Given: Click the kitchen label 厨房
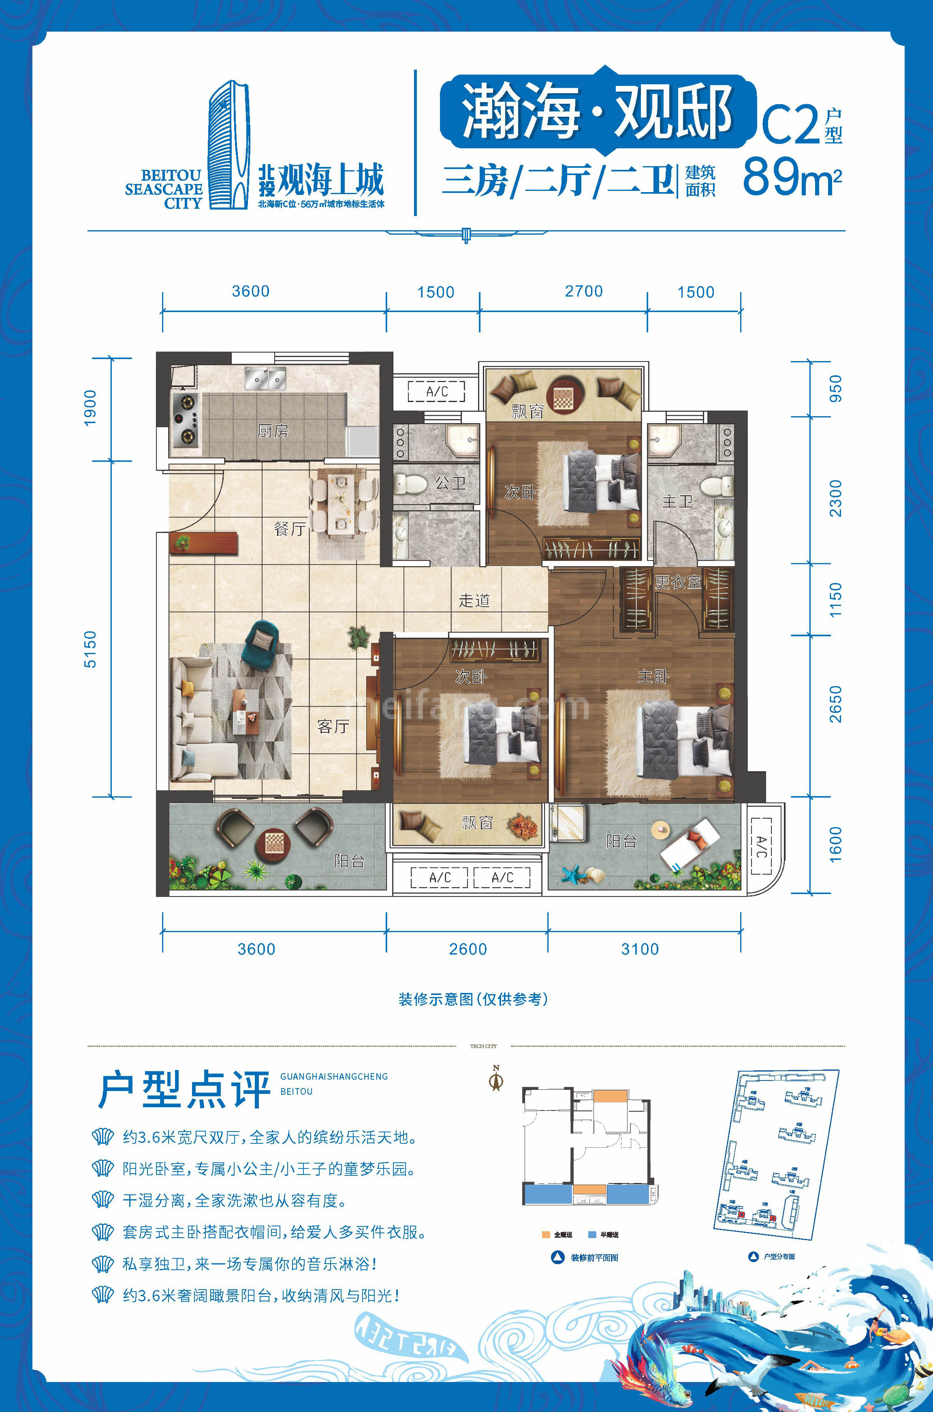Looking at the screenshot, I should pos(273,430).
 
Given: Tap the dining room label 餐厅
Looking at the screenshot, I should pos(290,528).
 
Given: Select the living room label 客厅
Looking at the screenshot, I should pos(333,726).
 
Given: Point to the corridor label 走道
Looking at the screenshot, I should pos(474,601).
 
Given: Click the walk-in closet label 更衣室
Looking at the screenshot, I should pos(678,582).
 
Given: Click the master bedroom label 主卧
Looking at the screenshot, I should pos(653,676).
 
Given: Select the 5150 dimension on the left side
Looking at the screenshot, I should pos(90,649).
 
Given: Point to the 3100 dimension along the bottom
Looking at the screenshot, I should pos(640,949).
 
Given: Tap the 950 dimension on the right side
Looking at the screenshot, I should pos(835,388).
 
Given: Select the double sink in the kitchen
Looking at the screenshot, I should pos(265,379).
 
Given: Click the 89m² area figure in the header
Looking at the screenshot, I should pos(791,177).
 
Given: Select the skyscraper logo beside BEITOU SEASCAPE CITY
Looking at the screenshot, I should pos(228,145).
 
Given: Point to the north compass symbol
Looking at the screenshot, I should pos(495,1078).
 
